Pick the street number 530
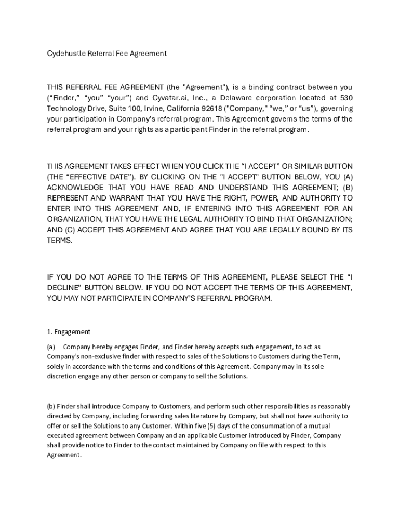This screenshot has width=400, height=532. click(x=345, y=98)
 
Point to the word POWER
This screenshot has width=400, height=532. click(x=265, y=198)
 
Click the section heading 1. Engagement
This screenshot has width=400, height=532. click(x=69, y=331)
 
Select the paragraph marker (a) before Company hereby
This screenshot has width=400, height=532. click(x=51, y=347)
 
